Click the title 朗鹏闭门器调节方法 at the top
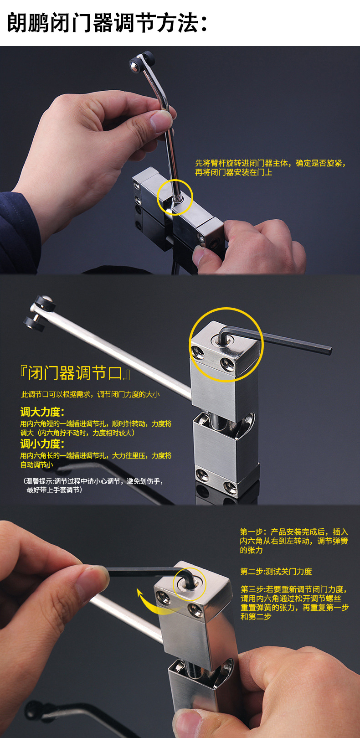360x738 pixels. tap(108, 23)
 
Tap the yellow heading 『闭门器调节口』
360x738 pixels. tap(76, 372)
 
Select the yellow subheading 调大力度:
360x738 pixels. tap(42, 412)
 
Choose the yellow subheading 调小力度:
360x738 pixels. tap(42, 444)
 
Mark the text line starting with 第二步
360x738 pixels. tap(276, 572)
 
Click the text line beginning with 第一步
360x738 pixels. tap(294, 541)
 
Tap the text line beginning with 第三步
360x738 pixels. tap(294, 603)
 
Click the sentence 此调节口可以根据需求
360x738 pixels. tap(90, 394)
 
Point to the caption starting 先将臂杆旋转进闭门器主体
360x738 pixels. tap(270, 168)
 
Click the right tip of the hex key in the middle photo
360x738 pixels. tap(329, 350)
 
